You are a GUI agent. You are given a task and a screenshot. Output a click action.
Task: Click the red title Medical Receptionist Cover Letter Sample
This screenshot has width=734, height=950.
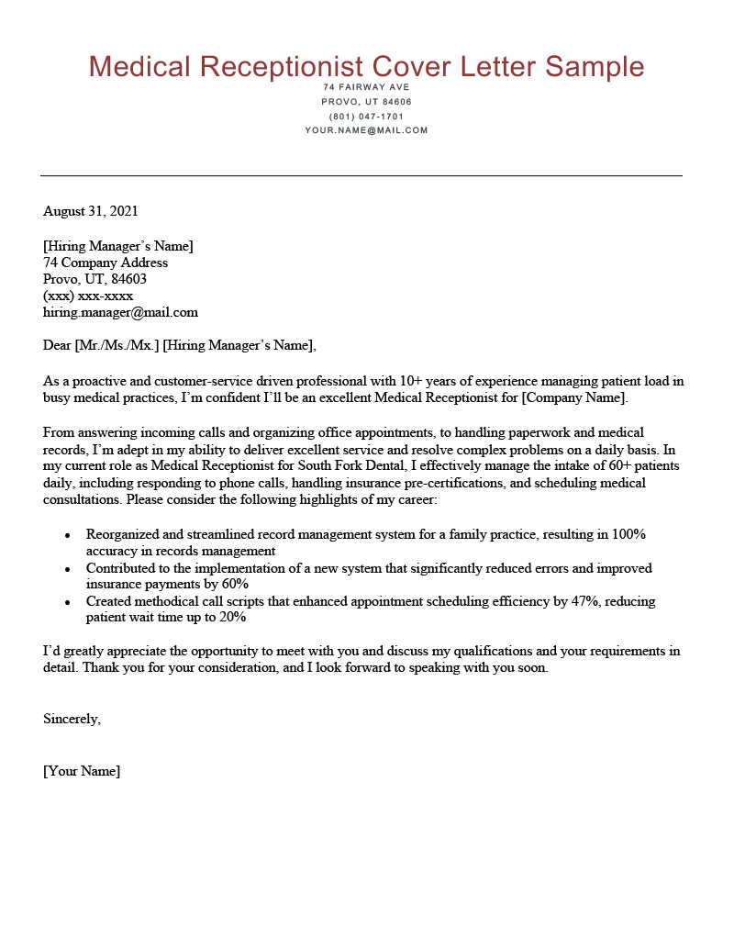point(366,66)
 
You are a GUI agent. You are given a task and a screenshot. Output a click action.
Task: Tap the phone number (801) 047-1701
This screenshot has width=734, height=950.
point(366,117)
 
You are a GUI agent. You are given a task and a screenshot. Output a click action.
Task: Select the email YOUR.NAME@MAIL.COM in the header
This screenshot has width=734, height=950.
point(366,130)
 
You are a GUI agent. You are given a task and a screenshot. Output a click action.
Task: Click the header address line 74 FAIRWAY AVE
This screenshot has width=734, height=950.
point(366,87)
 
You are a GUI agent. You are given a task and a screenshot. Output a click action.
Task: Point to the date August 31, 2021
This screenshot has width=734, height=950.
point(91,211)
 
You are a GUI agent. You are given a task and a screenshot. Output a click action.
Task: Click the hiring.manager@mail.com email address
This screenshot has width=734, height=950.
point(120,312)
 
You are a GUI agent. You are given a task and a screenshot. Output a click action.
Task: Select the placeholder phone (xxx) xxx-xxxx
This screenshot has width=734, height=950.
point(88,296)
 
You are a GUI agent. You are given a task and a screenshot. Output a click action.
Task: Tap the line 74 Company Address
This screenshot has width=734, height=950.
point(106,263)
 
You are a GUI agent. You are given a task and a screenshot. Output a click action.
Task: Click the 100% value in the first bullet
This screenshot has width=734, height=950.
point(629,534)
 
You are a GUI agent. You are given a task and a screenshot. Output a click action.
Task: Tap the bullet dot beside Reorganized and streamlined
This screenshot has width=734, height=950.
point(68,534)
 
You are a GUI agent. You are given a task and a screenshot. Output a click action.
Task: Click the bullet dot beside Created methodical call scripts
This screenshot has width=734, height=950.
point(68,602)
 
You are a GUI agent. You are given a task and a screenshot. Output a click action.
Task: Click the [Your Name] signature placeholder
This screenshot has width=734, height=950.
point(82,771)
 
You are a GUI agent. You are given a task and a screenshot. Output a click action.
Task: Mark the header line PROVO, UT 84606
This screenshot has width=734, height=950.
point(366,102)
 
